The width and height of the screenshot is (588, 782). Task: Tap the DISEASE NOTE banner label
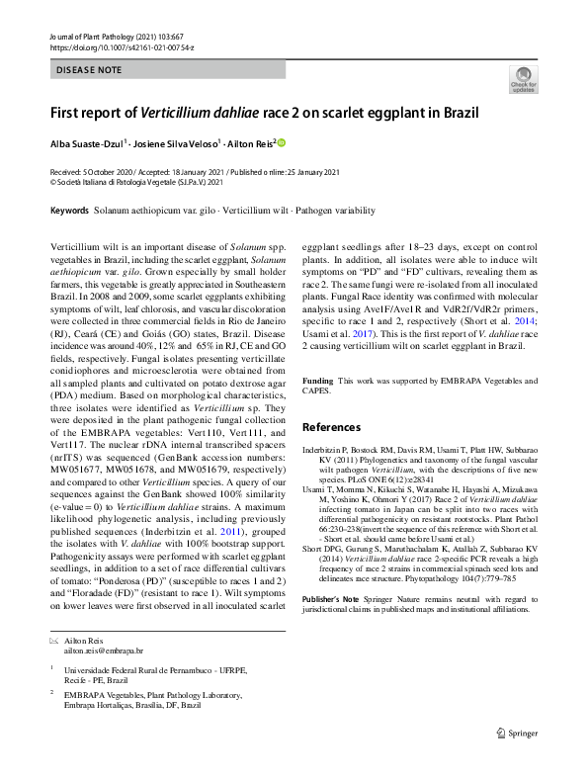(x=89, y=70)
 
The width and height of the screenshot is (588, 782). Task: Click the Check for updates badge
(x=523, y=79)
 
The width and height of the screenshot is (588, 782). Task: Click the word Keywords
(x=69, y=211)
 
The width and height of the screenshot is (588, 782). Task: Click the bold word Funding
(x=317, y=381)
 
